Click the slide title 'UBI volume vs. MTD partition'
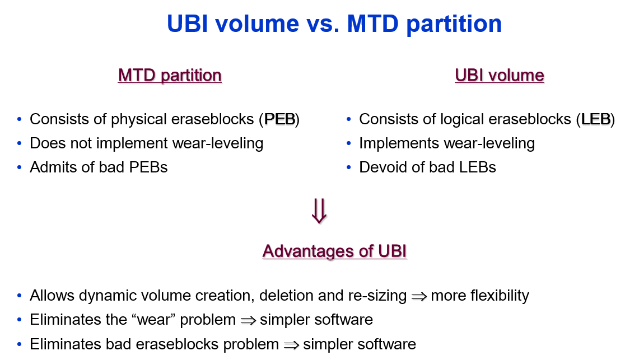[334, 24]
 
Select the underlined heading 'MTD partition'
[170, 76]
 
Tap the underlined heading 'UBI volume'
[500, 76]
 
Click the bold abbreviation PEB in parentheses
[279, 119]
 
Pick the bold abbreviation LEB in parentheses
[595, 119]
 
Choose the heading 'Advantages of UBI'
[334, 252]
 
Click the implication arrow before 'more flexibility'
[419, 296]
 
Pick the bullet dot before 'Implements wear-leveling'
[349, 143]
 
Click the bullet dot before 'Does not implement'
[20, 143]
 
